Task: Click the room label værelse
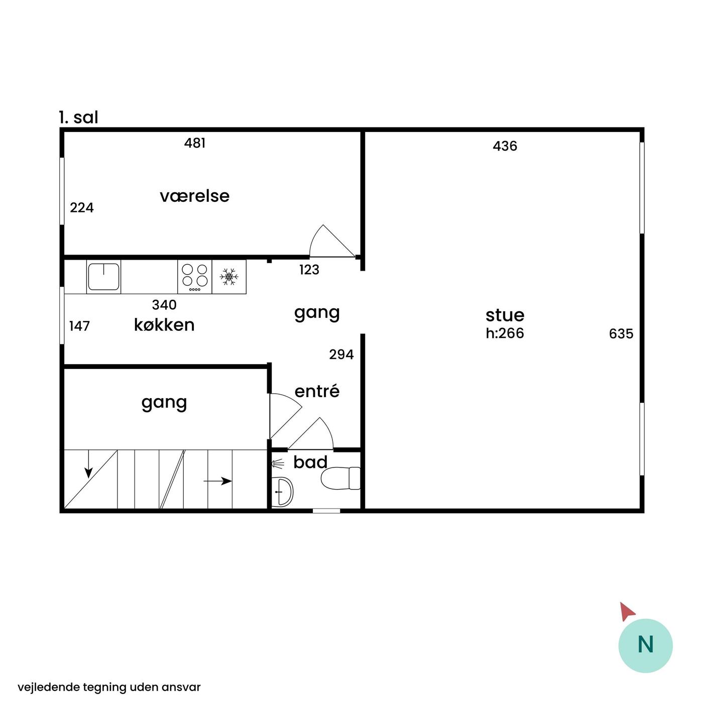coord(194,196)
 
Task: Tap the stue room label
coord(505,315)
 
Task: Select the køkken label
coord(164,325)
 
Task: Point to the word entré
coord(317,391)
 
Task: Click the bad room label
coord(310,462)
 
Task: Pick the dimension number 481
coord(195,143)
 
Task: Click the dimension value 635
coord(621,334)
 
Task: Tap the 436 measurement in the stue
coord(505,146)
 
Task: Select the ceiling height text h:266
coord(505,333)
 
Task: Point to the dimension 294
coord(341,354)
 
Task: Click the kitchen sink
coord(103,277)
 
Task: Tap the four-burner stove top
coord(195,277)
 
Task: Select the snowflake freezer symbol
coord(229,277)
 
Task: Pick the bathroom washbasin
coord(283,492)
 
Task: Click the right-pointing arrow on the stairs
coord(217,481)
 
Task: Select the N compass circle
coord(645,646)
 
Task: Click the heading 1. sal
coord(79,118)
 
